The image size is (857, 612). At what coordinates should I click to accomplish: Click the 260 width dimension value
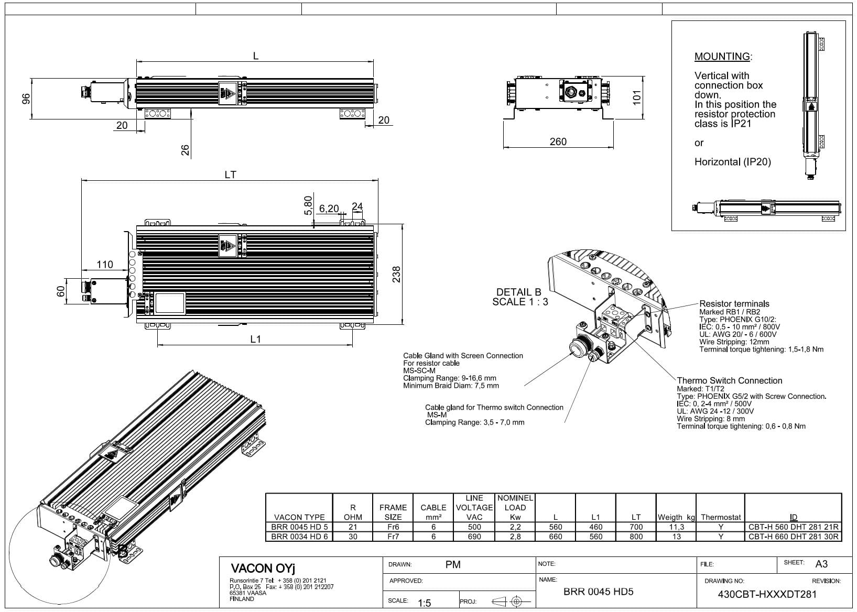coord(558,142)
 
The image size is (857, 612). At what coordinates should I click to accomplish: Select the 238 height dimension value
coord(396,274)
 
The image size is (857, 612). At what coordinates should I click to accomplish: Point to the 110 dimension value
coord(104,264)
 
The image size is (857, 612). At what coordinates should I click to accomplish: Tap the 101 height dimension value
coord(636,97)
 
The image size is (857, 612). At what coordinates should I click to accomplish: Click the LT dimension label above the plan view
coord(230,175)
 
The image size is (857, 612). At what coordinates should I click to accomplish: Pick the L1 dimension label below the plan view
coord(255,340)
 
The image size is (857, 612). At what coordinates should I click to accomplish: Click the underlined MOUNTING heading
coord(722,57)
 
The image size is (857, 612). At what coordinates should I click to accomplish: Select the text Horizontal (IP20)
coord(733,162)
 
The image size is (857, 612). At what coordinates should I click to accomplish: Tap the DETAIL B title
coord(519,292)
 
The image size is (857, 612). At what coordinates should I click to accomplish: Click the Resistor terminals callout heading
coord(734,304)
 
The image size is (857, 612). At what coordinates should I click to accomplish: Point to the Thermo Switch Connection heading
coord(730,380)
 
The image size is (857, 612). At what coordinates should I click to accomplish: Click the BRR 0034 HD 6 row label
coord(299,537)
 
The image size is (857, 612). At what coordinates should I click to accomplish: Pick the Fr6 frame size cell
coord(393,527)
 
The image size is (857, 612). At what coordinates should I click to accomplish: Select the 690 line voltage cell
coord(474,537)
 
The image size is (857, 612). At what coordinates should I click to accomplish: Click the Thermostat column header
coord(721,517)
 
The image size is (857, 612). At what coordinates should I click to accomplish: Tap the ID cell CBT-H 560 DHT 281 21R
coord(794,527)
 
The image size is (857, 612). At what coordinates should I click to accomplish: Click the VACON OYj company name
coord(263,569)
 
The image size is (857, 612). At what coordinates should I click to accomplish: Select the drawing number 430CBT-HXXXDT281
coord(767,594)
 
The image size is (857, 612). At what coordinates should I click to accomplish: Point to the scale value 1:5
coord(424,603)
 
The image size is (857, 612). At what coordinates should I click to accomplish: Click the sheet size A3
coord(821,564)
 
